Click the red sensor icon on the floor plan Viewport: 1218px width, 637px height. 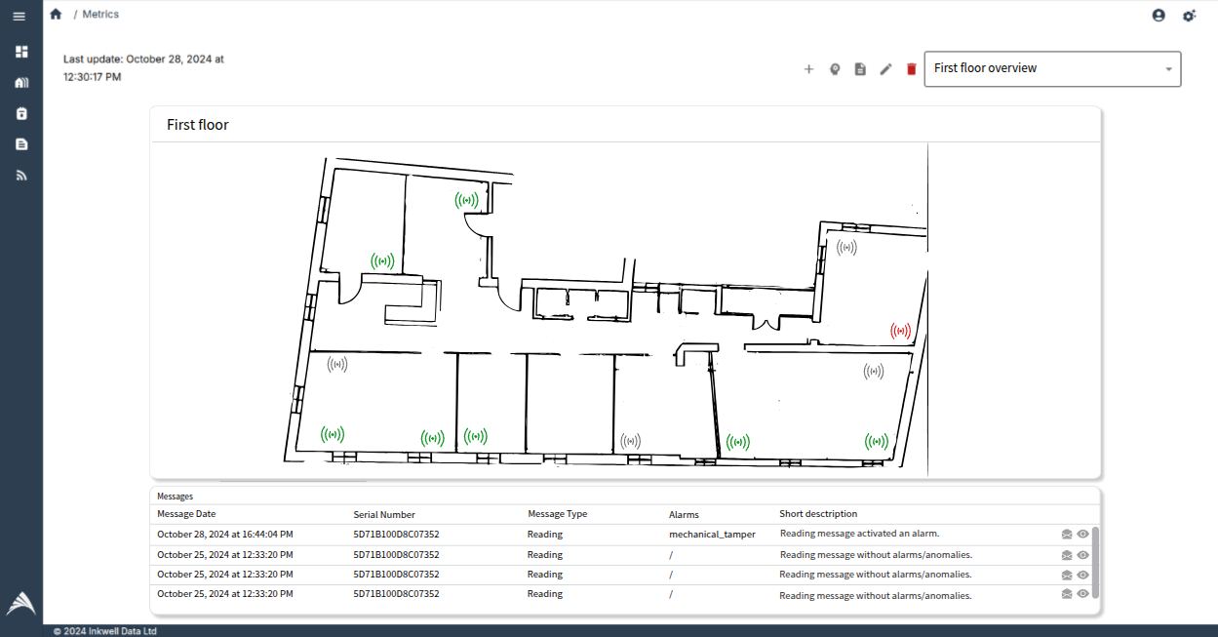point(900,332)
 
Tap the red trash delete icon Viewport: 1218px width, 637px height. point(912,69)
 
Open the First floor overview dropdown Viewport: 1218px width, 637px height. point(1052,69)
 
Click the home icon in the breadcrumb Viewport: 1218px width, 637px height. point(56,15)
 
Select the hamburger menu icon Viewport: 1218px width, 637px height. point(20,17)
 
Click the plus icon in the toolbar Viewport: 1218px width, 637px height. point(808,69)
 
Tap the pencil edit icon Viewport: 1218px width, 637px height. point(885,69)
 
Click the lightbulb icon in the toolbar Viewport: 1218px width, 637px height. point(835,69)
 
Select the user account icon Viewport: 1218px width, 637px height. point(1159,16)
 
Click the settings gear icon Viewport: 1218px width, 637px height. point(1189,16)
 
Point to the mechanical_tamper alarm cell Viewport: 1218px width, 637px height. point(712,535)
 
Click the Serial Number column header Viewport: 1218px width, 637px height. point(384,514)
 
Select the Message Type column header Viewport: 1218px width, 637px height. point(557,514)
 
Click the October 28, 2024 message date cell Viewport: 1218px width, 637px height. point(224,535)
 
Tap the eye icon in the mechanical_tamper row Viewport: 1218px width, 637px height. point(1082,535)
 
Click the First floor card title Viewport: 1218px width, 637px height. point(198,125)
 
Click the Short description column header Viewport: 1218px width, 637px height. point(817,514)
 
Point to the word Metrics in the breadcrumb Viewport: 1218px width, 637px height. point(100,15)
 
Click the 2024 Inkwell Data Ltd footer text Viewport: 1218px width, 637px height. point(105,631)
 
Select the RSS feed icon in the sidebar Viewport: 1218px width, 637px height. point(21,176)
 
